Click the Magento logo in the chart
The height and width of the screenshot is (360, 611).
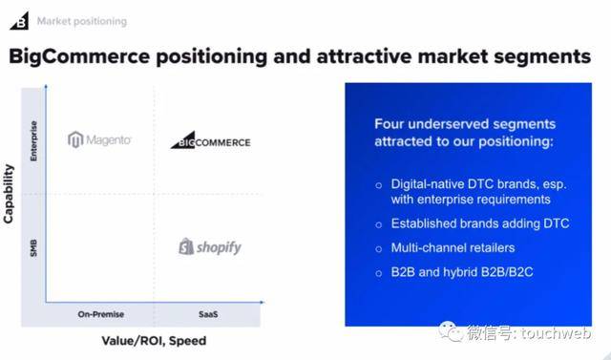[99, 140]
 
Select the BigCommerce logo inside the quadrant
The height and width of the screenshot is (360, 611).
[210, 141]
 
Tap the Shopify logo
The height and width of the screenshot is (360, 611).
[210, 247]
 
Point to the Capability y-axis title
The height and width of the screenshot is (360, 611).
[10, 194]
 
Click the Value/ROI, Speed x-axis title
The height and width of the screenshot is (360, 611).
[154, 341]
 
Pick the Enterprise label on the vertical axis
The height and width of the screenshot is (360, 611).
[35, 138]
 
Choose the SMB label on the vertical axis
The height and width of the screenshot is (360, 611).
[35, 247]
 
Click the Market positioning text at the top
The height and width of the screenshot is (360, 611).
[81, 21]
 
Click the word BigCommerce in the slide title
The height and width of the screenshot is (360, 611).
[82, 56]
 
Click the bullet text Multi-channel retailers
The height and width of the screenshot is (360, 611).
[453, 248]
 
